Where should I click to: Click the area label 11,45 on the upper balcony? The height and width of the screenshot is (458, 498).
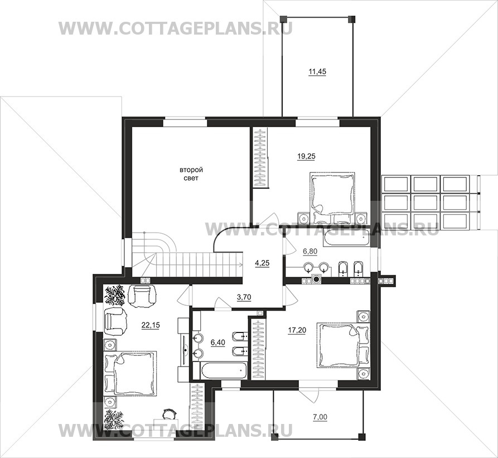coord(317,72)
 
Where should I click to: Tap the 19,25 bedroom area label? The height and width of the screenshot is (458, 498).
coord(307,156)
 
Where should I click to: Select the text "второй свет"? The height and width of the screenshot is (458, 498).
coord(191,174)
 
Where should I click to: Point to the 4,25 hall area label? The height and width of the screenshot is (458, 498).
coord(262,263)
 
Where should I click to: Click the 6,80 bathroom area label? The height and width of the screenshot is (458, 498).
coord(310,252)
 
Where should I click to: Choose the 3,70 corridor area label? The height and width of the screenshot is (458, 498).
coord(244,297)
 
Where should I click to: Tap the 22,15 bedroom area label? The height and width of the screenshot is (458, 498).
coord(151,325)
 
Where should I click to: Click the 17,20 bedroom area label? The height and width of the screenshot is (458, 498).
coord(297,330)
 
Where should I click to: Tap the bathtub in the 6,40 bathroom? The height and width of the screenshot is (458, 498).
coord(224,370)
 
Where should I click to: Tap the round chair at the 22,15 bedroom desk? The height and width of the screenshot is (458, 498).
coord(169,414)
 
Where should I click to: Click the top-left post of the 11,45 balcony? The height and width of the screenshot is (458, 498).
coord(282,19)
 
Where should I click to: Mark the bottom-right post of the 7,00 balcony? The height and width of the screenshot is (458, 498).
coord(361,436)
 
